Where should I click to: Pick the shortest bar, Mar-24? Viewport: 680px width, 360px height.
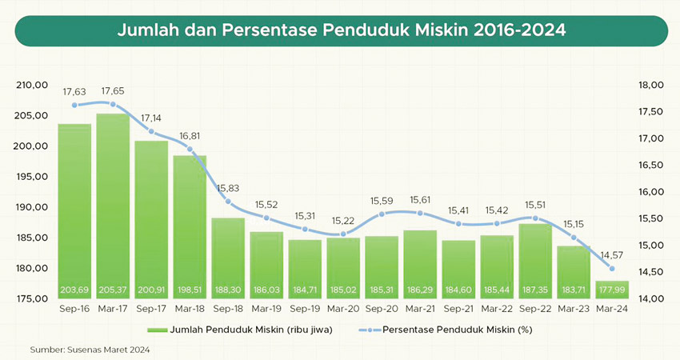(x=612, y=289)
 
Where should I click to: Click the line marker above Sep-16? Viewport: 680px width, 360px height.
(x=74, y=105)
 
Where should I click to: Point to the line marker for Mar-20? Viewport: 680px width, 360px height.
(x=343, y=234)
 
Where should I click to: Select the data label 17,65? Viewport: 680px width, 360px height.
(x=113, y=91)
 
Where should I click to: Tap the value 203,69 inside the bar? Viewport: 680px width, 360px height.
(x=74, y=289)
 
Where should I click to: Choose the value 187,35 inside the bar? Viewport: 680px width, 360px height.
(x=535, y=289)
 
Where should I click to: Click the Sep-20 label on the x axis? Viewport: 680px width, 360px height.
(x=382, y=309)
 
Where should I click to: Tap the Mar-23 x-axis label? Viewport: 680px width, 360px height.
(x=574, y=309)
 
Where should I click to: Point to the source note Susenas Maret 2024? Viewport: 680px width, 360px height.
(x=90, y=350)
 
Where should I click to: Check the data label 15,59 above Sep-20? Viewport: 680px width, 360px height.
(x=382, y=200)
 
